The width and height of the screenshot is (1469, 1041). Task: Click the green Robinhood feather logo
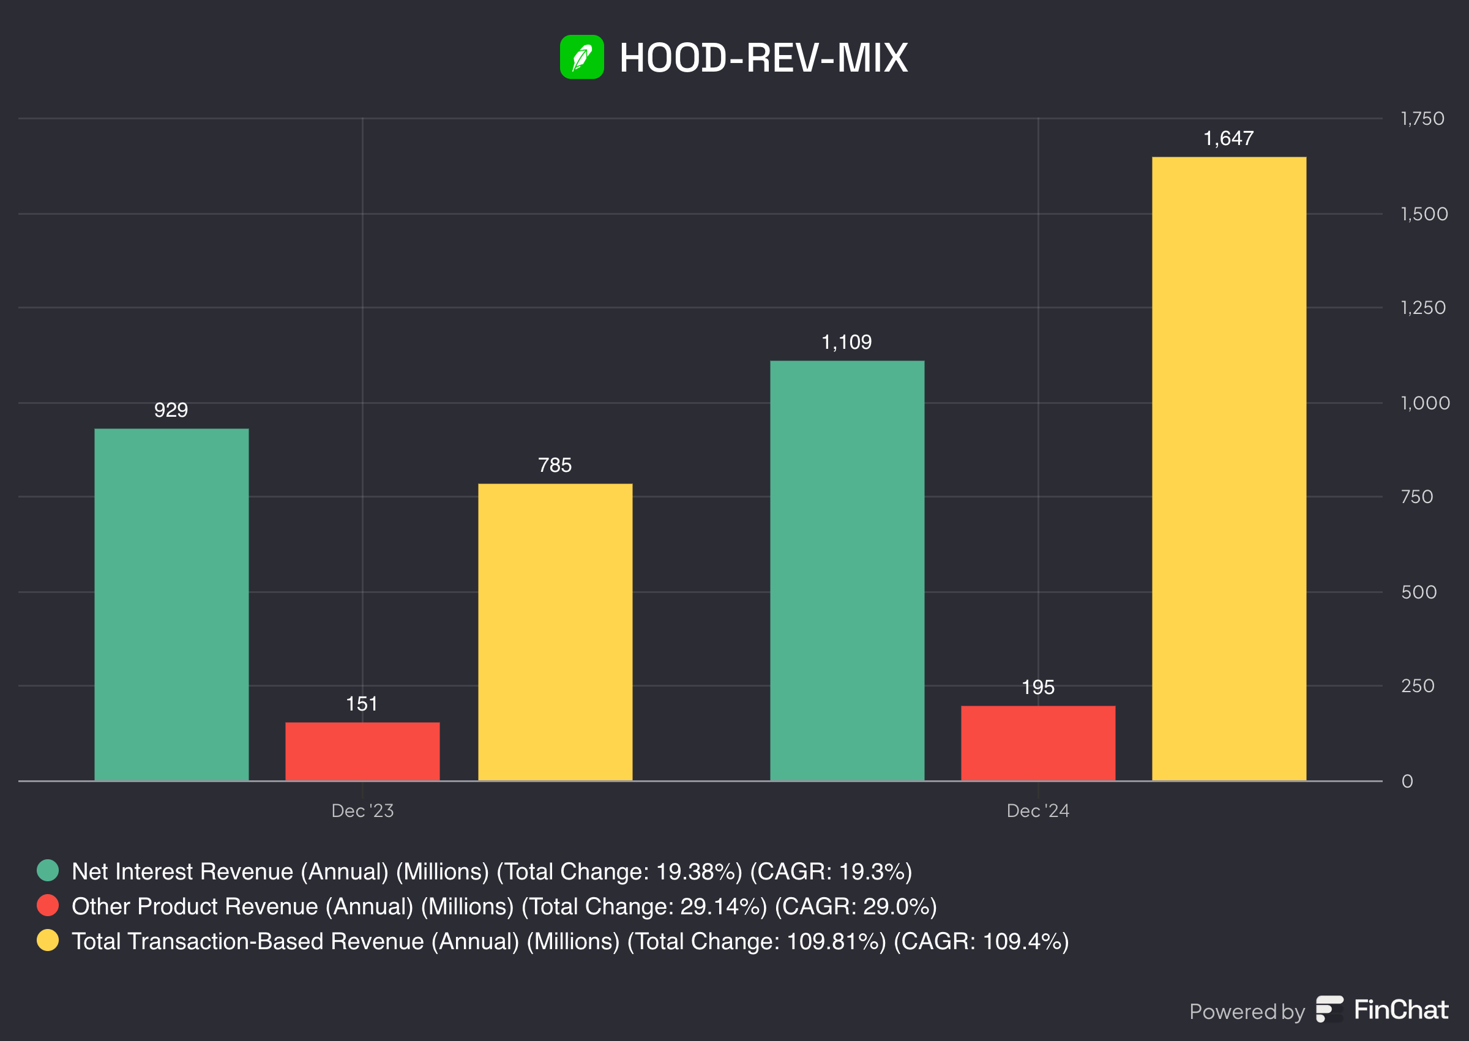pyautogui.click(x=581, y=57)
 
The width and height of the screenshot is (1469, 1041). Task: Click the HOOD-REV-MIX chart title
pyautogui.click(x=763, y=58)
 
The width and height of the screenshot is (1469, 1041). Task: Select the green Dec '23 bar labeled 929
pyautogui.click(x=171, y=604)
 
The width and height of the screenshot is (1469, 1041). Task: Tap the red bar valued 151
pyautogui.click(x=362, y=751)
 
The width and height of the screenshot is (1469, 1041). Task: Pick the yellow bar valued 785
pyautogui.click(x=555, y=632)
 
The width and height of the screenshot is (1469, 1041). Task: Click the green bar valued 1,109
pyautogui.click(x=847, y=570)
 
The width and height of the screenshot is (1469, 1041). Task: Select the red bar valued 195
pyautogui.click(x=1037, y=742)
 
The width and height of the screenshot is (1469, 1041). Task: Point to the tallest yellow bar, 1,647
pyautogui.click(x=1228, y=468)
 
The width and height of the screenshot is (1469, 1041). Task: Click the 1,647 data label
pyautogui.click(x=1228, y=138)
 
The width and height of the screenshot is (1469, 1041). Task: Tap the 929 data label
pyautogui.click(x=171, y=410)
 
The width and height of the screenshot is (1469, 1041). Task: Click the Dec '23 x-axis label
pyautogui.click(x=362, y=811)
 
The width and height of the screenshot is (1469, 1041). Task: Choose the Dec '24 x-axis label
pyautogui.click(x=1037, y=811)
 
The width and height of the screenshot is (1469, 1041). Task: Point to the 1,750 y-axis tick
pyautogui.click(x=1422, y=119)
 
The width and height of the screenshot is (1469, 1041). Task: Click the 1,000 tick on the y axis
pyautogui.click(x=1425, y=403)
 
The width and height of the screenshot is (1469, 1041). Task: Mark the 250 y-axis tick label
pyautogui.click(x=1417, y=686)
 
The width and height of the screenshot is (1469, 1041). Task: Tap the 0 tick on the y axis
pyautogui.click(x=1407, y=782)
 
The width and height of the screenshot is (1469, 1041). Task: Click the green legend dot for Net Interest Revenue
pyautogui.click(x=47, y=870)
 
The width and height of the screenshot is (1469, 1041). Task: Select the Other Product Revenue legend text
pyautogui.click(x=504, y=906)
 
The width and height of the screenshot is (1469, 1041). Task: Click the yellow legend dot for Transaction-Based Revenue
pyautogui.click(x=47, y=941)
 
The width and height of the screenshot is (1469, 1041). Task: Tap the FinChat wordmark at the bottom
pyautogui.click(x=1400, y=1010)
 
